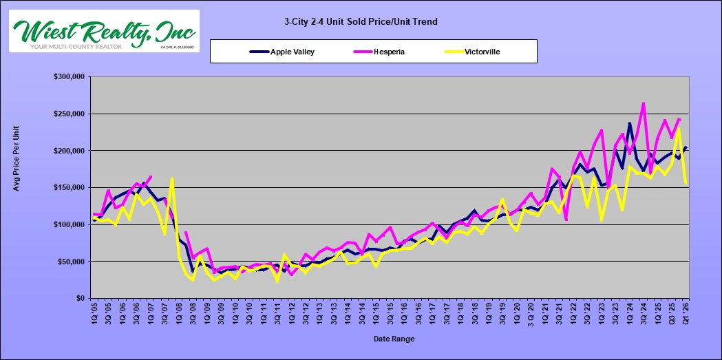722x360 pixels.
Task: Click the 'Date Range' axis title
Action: [394, 339]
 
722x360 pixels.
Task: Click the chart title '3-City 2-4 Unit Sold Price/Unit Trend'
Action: [361, 22]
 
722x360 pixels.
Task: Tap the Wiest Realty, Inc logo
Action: [104, 31]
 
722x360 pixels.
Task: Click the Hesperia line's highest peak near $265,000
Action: [643, 104]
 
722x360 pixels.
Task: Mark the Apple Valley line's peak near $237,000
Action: [629, 124]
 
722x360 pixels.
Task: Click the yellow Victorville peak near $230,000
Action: [679, 129]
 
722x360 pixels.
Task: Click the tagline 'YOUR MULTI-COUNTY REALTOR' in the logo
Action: [76, 47]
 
